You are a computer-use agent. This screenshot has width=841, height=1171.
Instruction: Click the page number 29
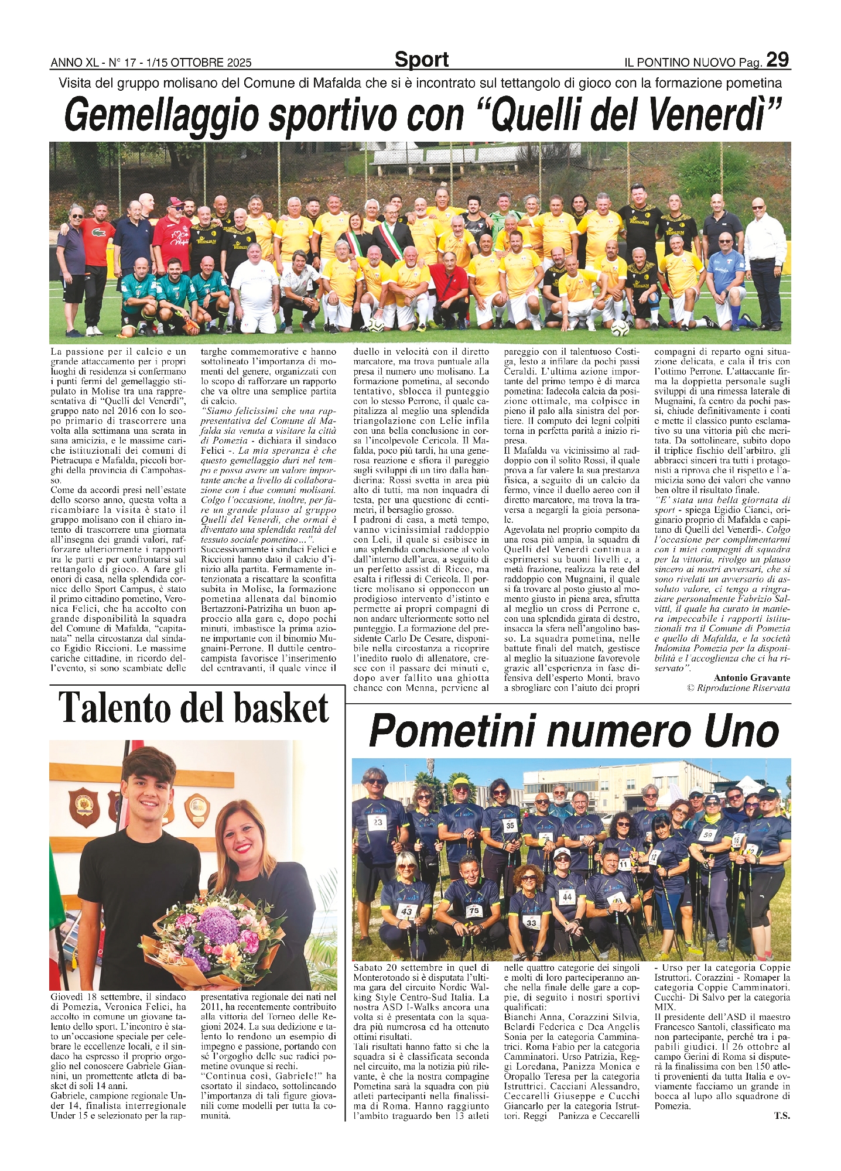pos(777,60)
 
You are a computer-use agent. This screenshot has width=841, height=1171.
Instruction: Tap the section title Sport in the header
pos(421,60)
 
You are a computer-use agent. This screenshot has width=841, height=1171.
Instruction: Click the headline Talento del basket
pos(194,708)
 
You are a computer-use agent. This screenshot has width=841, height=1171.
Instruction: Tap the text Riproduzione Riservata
pos(743,688)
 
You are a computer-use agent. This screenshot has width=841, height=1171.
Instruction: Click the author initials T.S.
pos(782,1116)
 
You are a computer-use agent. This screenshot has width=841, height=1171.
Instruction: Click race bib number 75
pos(473,910)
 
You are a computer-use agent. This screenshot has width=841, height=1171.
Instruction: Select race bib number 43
pos(406,911)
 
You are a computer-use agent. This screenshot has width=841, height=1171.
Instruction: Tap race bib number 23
pos(378,822)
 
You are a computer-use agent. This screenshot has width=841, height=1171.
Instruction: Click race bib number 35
pos(510,826)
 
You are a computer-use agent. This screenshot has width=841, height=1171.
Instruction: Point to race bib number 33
pos(531,922)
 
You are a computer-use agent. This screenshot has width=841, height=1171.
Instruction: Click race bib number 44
pos(566,896)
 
